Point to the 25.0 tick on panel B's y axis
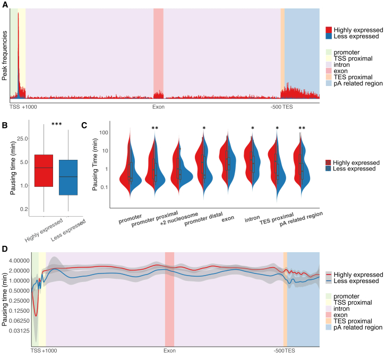click(22, 138)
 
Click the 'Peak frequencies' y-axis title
click(4, 55)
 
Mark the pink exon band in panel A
click(158, 53)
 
